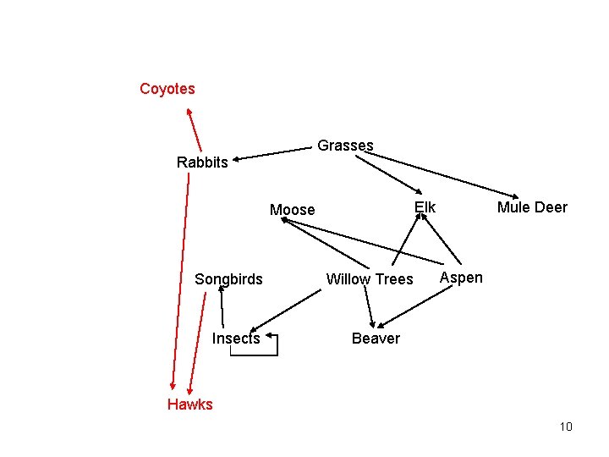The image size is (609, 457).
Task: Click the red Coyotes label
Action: pyautogui.click(x=167, y=89)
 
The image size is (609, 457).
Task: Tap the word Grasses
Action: pyautogui.click(x=345, y=146)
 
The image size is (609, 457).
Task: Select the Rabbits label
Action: pyautogui.click(x=202, y=162)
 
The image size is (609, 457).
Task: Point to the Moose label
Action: pyautogui.click(x=292, y=210)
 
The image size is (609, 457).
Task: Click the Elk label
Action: pyautogui.click(x=425, y=207)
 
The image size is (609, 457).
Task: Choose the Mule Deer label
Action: pyautogui.click(x=532, y=207)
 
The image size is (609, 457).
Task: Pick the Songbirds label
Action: pyautogui.click(x=228, y=279)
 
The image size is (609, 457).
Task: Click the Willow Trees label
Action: pyautogui.click(x=370, y=279)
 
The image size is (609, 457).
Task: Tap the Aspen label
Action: pyautogui.click(x=462, y=278)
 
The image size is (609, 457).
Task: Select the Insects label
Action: pyautogui.click(x=236, y=339)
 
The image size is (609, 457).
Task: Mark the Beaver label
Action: pyautogui.click(x=376, y=339)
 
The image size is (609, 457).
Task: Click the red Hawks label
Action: pyautogui.click(x=190, y=405)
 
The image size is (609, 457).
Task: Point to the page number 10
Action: pyautogui.click(x=566, y=427)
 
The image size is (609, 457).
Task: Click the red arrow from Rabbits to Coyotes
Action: pyautogui.click(x=195, y=127)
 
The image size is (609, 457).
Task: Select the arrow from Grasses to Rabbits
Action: pyautogui.click(x=275, y=153)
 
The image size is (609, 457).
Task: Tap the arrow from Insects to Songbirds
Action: pyautogui.click(x=222, y=305)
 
